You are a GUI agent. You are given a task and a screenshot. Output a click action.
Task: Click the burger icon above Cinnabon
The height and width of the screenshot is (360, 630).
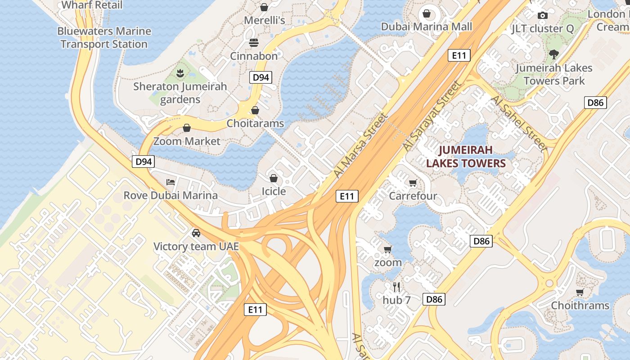(x=254, y=43)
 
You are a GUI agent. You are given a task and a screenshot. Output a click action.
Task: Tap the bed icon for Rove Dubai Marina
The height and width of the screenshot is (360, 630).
(x=171, y=182)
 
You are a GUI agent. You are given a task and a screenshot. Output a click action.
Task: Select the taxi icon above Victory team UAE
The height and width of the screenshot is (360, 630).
(x=196, y=233)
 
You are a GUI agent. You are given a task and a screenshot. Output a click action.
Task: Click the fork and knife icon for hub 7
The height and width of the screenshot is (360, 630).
(x=396, y=287)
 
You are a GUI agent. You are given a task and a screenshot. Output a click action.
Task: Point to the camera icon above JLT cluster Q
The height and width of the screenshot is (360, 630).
(x=542, y=15)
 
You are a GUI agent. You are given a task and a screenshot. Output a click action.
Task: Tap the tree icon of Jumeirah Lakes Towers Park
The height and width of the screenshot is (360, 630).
(x=554, y=54)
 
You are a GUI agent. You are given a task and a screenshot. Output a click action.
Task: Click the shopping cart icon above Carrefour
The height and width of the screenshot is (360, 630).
(x=413, y=183)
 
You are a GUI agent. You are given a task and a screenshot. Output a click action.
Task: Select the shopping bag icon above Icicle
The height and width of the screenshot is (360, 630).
(x=274, y=178)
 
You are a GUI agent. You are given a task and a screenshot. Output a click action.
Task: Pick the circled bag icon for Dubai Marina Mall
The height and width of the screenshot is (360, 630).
(x=426, y=13)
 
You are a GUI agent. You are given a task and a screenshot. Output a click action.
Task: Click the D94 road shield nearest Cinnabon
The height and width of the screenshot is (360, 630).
(x=261, y=77)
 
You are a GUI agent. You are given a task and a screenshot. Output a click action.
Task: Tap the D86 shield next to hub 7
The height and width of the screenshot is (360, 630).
(x=434, y=299)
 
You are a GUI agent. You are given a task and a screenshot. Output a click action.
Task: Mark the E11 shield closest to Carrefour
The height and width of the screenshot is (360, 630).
(x=347, y=196)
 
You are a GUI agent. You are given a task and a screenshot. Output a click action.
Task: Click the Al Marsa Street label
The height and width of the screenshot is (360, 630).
(x=360, y=145)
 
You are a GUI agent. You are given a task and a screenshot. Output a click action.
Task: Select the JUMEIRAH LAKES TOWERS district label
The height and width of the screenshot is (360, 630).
(x=466, y=157)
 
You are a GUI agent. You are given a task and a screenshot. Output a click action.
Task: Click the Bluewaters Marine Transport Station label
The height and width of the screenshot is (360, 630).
(x=104, y=38)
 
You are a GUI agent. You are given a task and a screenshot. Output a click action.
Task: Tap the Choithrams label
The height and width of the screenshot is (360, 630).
(x=580, y=306)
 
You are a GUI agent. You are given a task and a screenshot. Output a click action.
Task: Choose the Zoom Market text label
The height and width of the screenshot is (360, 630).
(x=187, y=141)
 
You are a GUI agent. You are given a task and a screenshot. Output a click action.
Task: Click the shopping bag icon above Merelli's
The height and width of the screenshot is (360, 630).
(x=264, y=7)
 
